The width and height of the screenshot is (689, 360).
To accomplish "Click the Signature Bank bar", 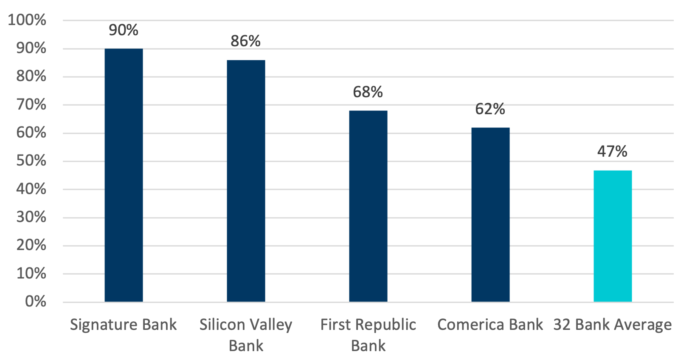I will (x=124, y=175).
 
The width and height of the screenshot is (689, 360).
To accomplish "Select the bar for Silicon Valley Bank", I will (x=246, y=181).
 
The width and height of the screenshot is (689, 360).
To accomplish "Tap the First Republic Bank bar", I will (x=368, y=206).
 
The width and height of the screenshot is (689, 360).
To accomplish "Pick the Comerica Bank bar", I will (x=490, y=214).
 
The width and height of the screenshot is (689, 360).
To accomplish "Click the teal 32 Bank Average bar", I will (x=613, y=236).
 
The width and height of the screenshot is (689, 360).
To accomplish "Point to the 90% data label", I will (x=124, y=30).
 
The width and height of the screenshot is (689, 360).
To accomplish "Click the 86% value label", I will (x=245, y=41).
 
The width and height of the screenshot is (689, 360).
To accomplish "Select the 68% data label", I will (x=368, y=92).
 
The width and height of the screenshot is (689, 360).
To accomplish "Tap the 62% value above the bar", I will (x=490, y=109).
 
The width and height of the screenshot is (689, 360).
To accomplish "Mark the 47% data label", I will (x=612, y=152).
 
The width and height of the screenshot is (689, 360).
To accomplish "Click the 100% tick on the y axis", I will (x=27, y=20).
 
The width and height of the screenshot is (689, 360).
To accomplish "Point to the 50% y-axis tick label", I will (x=31, y=161).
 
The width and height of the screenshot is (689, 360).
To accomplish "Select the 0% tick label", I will (x=36, y=301).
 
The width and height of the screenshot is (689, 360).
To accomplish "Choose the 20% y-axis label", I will (x=31, y=245).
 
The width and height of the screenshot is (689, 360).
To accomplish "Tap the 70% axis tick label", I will (x=31, y=104).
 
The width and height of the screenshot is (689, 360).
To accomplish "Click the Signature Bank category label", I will (x=123, y=325).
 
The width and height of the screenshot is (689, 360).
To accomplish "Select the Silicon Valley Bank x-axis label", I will (x=246, y=335).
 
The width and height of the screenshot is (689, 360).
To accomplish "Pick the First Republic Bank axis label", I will (x=368, y=335).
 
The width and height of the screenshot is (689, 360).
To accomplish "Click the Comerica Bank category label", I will (x=490, y=325).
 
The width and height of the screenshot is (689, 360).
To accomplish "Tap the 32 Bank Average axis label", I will (x=612, y=325).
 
